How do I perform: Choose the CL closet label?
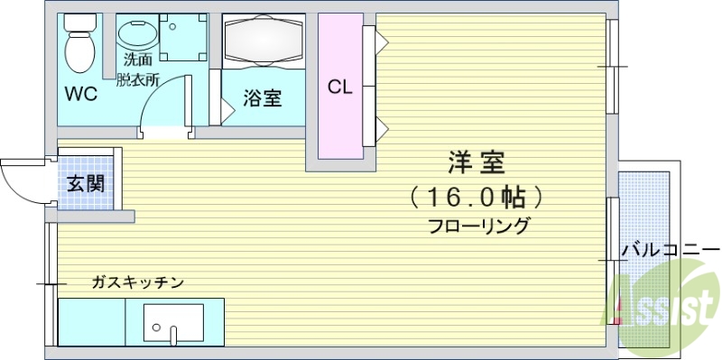[339, 88]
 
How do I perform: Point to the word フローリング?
[479, 226]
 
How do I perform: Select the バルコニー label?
[669, 250]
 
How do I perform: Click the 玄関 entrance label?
[86, 184]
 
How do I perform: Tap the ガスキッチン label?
[137, 282]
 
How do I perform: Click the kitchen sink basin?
[173, 321]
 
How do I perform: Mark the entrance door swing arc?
[20, 185]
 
